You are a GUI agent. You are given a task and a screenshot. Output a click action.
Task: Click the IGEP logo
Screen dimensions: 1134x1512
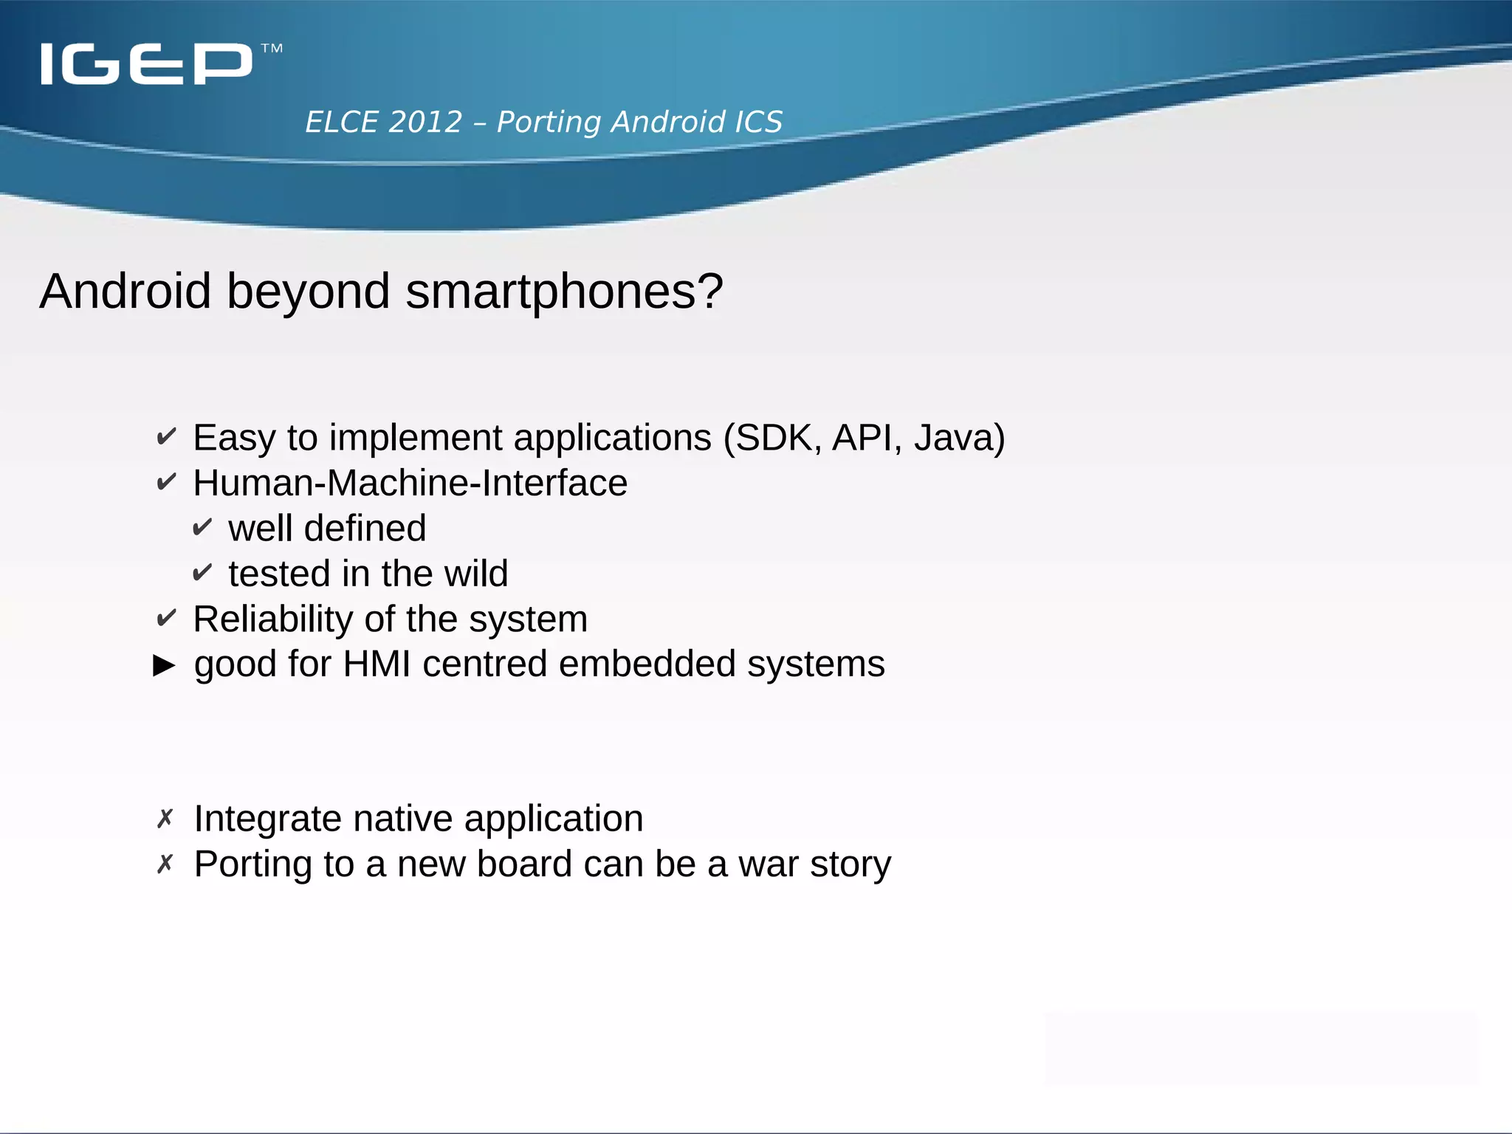tap(146, 64)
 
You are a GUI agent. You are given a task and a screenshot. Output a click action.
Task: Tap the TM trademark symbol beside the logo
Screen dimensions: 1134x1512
tap(272, 49)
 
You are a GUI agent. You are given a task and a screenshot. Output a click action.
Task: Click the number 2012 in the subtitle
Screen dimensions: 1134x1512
tap(425, 122)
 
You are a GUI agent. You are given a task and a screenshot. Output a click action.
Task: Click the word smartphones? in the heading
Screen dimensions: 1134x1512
tap(564, 291)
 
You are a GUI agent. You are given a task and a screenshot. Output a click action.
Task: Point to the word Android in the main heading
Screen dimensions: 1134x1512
tap(126, 291)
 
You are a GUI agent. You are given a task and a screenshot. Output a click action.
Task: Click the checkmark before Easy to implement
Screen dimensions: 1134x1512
tap(166, 437)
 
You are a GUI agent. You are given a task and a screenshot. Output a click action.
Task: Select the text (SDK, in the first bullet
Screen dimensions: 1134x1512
tap(773, 438)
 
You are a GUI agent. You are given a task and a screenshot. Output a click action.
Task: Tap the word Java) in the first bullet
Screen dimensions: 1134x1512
tap(959, 438)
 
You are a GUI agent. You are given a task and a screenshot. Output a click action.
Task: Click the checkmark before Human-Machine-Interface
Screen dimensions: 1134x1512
tap(166, 482)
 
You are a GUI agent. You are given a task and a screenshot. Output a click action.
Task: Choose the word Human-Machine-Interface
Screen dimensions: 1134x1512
tap(410, 483)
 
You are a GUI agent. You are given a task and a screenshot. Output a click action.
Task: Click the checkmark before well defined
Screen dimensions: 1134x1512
tap(202, 528)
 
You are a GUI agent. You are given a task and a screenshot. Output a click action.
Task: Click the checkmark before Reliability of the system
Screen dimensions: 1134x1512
tap(166, 618)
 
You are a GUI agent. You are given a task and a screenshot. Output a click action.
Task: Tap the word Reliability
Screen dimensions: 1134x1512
tap(272, 619)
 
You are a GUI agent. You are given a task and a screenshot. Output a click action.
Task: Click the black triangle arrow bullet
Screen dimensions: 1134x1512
tap(164, 665)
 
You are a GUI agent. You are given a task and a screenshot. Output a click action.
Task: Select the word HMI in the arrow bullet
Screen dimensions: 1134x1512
tap(377, 664)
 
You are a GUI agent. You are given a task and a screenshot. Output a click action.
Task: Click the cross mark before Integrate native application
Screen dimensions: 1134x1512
tap(165, 818)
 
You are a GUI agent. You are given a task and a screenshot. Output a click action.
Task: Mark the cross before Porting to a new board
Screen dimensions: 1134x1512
tap(165, 863)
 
